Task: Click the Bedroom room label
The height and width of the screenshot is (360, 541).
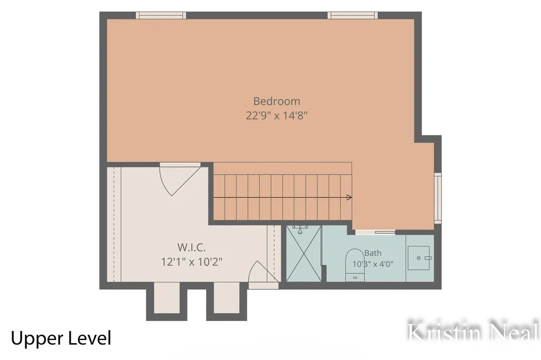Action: point(277,101)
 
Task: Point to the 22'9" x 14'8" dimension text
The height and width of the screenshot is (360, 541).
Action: point(277,115)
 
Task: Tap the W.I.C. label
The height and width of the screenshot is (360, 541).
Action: point(191,247)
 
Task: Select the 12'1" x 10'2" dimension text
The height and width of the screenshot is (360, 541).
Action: point(191,262)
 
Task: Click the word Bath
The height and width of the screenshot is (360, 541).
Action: point(373,253)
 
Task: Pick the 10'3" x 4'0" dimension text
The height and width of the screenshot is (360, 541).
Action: point(373,264)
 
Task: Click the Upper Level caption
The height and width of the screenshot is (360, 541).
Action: point(61,338)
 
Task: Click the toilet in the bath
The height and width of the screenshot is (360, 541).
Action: point(355,264)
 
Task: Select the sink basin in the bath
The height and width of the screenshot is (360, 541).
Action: point(419,258)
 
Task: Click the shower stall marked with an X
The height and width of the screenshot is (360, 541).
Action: point(304,253)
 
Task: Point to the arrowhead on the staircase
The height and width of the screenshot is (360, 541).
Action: point(349,197)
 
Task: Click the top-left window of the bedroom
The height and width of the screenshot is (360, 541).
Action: point(161,15)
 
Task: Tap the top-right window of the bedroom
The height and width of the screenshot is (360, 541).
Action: point(352,15)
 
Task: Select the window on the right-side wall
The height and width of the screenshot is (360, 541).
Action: point(438,198)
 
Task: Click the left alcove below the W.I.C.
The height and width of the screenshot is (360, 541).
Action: point(167,298)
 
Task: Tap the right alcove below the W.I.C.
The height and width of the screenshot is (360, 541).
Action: point(227,298)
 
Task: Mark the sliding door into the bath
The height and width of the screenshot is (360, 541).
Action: point(376,232)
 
